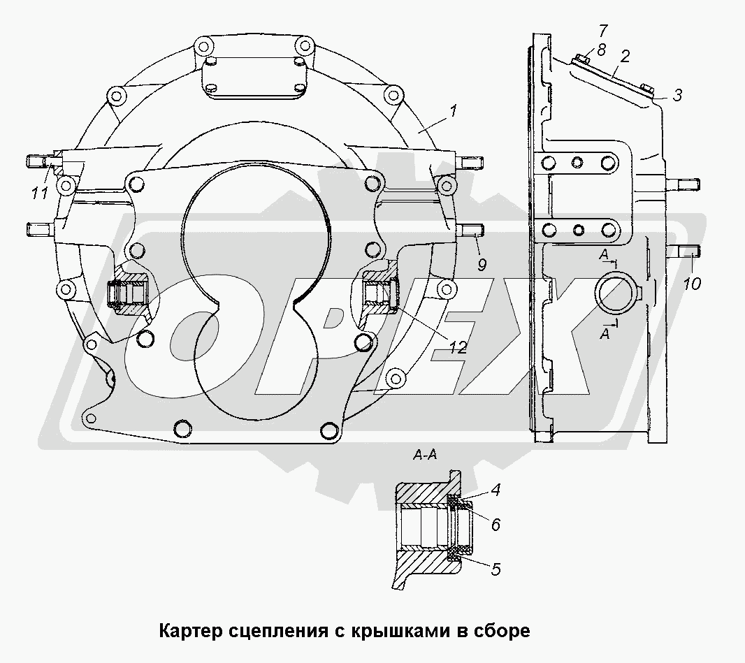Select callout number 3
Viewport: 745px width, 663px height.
click(677, 96)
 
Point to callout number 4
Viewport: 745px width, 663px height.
click(495, 490)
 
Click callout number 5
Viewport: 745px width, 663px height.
click(495, 569)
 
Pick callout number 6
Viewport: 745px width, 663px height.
click(495, 523)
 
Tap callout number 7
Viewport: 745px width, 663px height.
click(604, 30)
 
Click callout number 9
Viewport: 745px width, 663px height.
click(482, 264)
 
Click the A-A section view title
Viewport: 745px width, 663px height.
click(426, 456)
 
